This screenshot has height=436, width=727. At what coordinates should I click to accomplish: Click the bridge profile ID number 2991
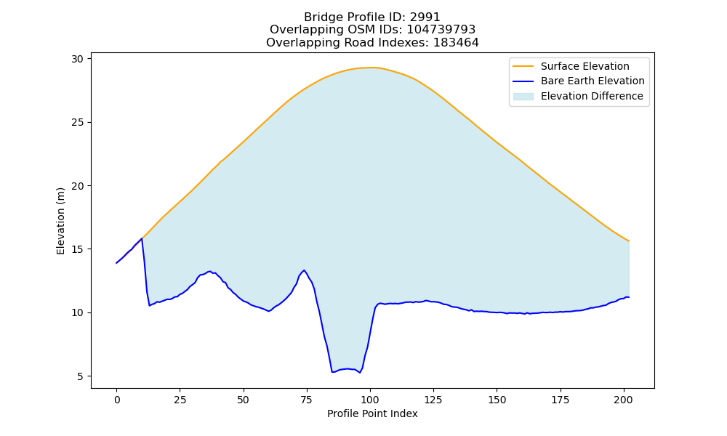click(425, 17)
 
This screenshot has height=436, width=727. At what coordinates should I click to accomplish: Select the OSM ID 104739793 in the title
click(441, 30)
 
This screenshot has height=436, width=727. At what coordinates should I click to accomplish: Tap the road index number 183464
click(456, 43)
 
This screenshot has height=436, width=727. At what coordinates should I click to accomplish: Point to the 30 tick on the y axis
click(77, 59)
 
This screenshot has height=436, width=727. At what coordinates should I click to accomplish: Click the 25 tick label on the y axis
click(77, 122)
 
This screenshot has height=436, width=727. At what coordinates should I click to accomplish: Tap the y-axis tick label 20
click(77, 186)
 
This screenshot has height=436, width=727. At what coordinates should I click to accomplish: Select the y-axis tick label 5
click(80, 376)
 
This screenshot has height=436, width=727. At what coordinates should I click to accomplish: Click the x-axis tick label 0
click(117, 400)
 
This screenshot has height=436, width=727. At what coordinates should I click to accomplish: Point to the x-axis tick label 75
click(307, 400)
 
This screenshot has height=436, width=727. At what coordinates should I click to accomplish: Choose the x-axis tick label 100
click(370, 400)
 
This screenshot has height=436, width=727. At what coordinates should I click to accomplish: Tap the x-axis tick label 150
click(497, 400)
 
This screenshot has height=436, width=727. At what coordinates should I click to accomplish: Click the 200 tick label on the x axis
click(624, 400)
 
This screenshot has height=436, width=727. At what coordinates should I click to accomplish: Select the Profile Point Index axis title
click(372, 413)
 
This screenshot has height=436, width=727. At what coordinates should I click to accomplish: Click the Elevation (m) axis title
click(61, 221)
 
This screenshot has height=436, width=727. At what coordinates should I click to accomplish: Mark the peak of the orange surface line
click(371, 67)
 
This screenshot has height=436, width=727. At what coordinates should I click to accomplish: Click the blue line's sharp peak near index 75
click(304, 270)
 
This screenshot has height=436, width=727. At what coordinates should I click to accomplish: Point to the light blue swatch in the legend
click(523, 97)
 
